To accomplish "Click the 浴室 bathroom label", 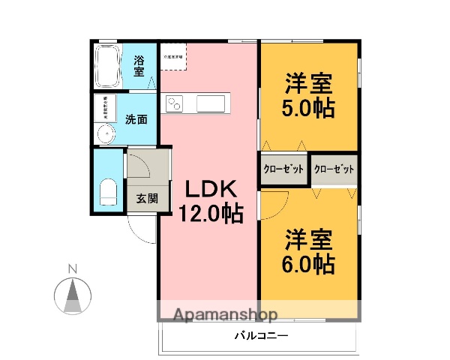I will [x=139, y=66].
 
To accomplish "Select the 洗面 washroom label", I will [x=136, y=118].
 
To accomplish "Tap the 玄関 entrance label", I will [x=147, y=199].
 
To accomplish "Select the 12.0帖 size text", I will [x=210, y=214].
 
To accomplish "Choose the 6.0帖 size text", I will [x=308, y=264].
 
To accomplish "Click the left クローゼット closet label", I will [x=283, y=169].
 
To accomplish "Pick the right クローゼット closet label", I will [x=333, y=169].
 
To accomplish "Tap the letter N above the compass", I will [x=73, y=268].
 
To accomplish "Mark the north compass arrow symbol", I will [x=73, y=295].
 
